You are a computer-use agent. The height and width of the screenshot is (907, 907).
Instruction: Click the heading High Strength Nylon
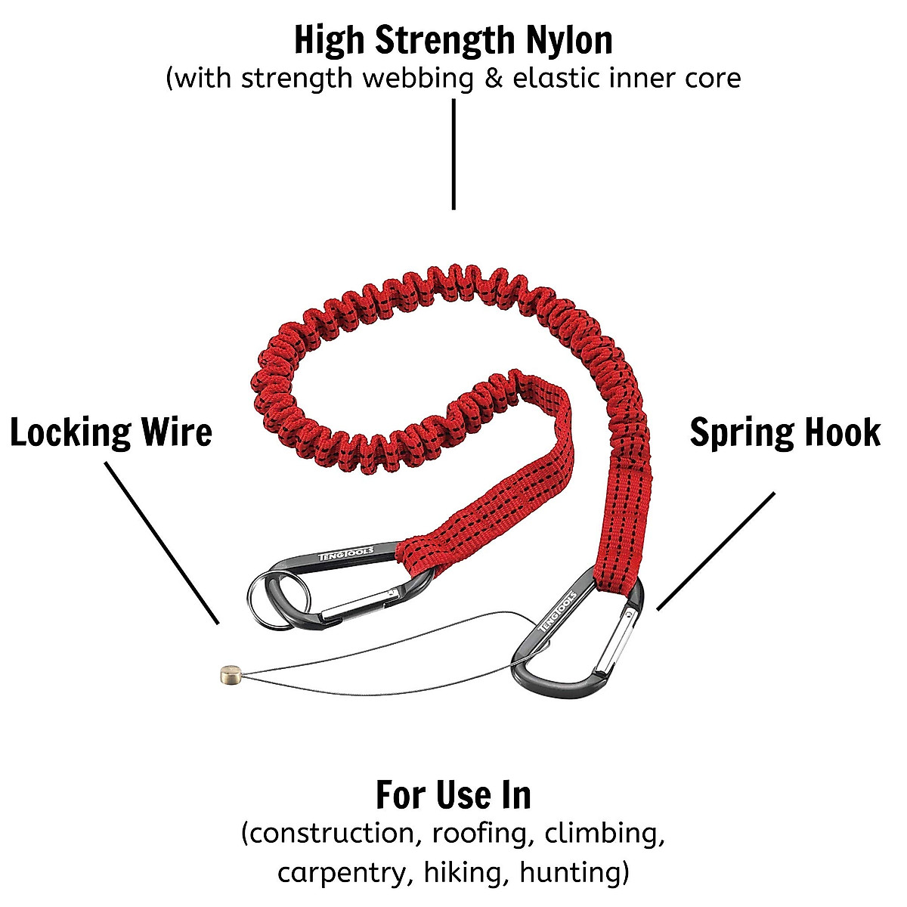(453, 40)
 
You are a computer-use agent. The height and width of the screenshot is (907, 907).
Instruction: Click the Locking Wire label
(111, 433)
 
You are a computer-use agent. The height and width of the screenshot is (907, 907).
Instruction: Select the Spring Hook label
(785, 433)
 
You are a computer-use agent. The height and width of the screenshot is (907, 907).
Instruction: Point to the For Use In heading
(453, 794)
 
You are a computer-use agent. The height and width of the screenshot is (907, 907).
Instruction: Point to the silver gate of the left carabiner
(359, 605)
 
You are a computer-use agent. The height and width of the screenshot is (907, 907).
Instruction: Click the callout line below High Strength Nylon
(453, 155)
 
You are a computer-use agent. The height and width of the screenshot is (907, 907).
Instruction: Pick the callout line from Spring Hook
(716, 551)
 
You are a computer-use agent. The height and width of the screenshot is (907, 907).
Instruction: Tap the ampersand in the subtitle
(493, 78)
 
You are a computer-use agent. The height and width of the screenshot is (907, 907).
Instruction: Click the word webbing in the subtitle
(416, 78)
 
